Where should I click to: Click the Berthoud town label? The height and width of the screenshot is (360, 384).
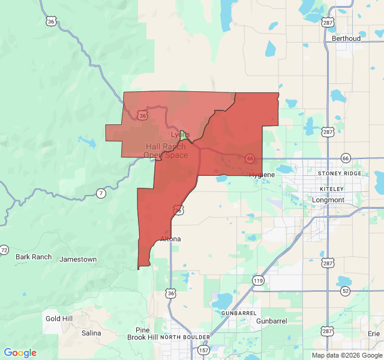346,38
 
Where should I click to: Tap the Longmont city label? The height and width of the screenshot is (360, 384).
328,200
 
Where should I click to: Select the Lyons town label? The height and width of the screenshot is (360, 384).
181,134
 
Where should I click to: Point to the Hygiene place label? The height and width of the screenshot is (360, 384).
262,175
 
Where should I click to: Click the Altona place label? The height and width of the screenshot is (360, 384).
170,239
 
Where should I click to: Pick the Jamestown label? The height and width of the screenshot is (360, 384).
78,259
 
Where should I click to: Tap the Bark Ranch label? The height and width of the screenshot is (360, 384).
34,257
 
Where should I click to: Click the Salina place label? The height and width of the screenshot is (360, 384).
91,332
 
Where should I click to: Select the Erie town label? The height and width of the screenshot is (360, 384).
374,333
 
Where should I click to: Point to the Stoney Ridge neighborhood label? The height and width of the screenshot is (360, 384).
340,173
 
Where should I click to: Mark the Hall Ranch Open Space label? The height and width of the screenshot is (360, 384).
166,151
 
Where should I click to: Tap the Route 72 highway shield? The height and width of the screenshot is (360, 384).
4,250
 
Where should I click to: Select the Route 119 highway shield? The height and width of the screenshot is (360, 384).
258,280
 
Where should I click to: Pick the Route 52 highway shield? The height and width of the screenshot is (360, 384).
346,291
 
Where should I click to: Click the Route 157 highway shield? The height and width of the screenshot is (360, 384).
203,350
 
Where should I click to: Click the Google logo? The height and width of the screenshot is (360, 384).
20,353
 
